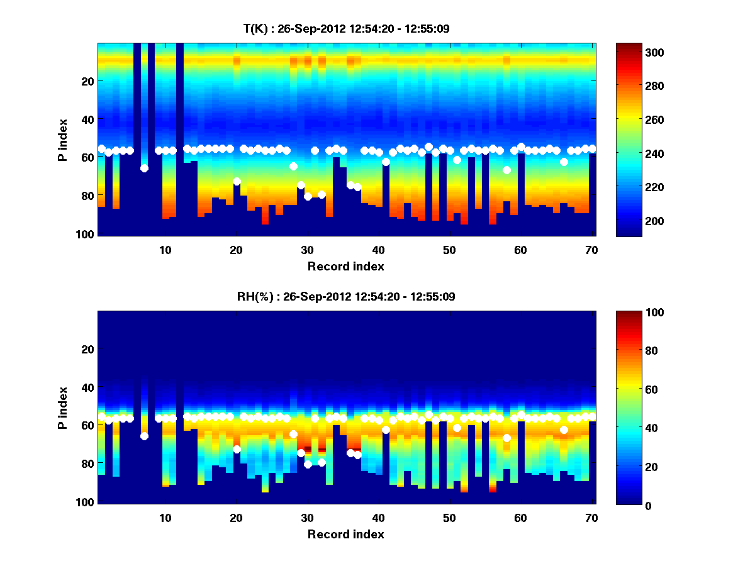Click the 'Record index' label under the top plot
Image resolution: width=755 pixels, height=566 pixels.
(x=345, y=266)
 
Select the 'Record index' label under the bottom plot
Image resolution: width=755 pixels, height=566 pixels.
(x=345, y=534)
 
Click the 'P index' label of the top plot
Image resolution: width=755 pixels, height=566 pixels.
(x=62, y=140)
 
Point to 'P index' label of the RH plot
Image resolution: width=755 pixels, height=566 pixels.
(x=62, y=408)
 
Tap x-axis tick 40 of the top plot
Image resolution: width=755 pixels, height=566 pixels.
(x=377, y=249)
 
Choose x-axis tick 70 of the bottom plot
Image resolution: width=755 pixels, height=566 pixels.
(x=591, y=517)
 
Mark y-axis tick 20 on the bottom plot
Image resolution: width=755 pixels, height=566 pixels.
(x=87, y=349)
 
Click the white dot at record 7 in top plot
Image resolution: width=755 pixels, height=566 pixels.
(x=144, y=168)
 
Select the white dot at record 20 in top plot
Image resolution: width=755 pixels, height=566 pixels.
(x=237, y=181)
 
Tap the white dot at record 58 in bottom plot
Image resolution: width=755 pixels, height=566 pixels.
(x=506, y=438)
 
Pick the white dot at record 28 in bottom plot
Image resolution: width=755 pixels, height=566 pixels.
(x=293, y=434)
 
